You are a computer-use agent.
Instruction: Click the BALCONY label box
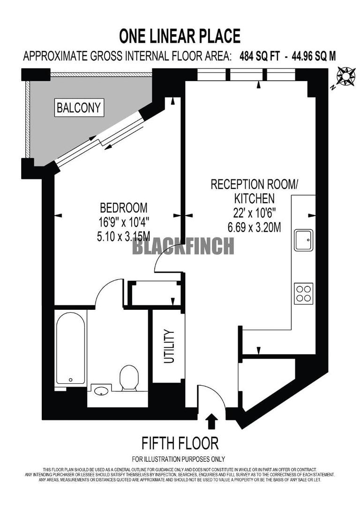click(79, 108)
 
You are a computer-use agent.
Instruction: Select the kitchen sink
click(304, 241)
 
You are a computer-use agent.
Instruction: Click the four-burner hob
click(304, 293)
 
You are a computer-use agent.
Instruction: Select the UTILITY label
click(169, 347)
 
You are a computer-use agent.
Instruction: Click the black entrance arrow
click(212, 421)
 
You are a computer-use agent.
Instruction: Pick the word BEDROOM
click(124, 207)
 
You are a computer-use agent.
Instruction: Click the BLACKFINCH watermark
click(183, 246)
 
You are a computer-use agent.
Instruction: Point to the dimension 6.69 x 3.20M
click(254, 228)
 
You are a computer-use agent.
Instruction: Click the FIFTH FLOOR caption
click(180, 443)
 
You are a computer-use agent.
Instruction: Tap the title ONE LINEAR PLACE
click(180, 36)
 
